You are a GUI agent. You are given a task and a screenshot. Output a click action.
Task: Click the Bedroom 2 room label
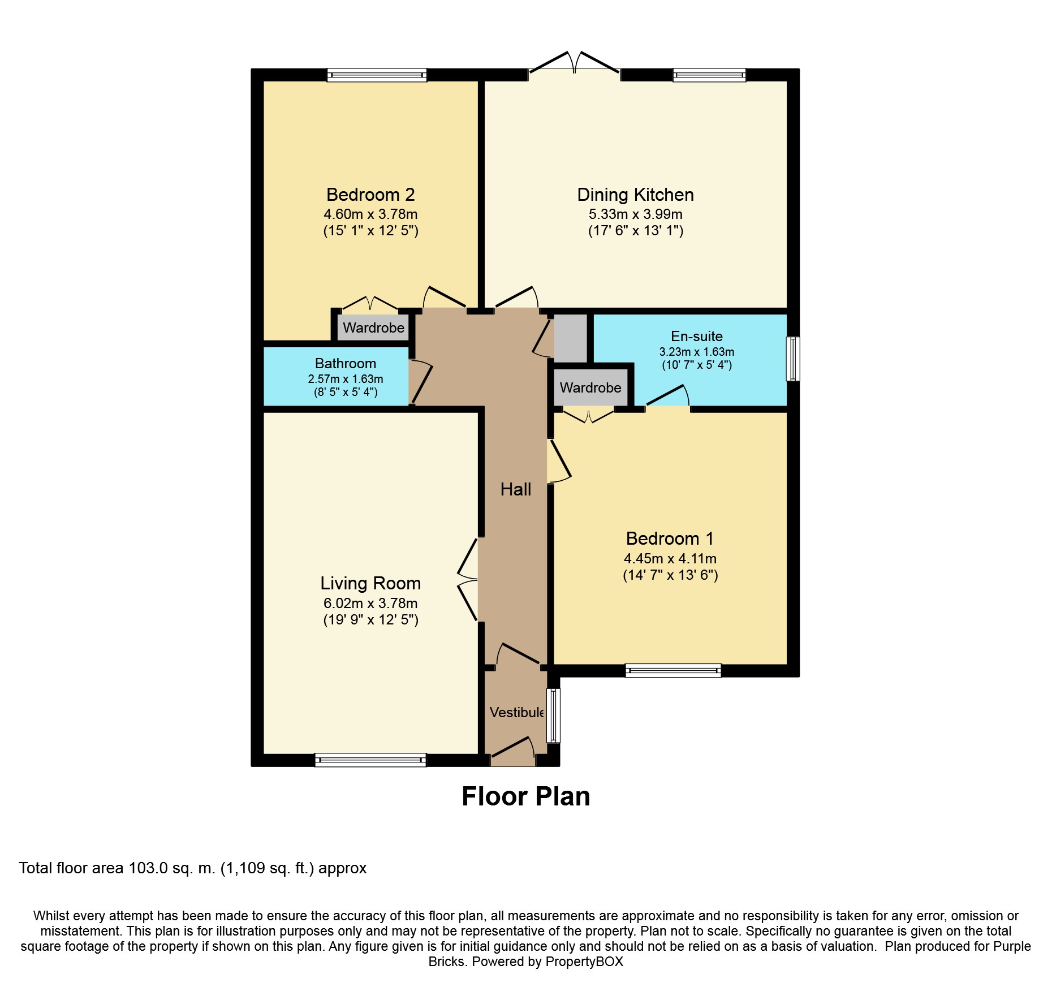point(370,195)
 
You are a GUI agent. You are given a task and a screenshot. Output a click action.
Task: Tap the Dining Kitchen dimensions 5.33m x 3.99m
point(635,214)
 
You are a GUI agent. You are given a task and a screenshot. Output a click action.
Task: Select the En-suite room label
point(696,336)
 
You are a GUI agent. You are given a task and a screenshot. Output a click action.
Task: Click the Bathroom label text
point(345,363)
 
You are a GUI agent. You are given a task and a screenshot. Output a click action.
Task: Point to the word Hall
point(515,489)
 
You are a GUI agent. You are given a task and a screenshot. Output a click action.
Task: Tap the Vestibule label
point(516,713)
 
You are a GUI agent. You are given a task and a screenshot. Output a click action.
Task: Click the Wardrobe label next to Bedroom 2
point(373,327)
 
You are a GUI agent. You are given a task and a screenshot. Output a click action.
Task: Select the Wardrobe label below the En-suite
point(590,387)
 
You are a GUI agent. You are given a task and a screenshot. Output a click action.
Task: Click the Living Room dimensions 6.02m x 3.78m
point(370,603)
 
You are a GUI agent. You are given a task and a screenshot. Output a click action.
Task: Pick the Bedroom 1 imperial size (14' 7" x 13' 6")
point(670,575)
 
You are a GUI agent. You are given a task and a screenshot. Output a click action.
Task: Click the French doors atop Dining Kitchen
point(574,64)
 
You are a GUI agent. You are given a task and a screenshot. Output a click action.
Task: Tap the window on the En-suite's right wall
point(793,359)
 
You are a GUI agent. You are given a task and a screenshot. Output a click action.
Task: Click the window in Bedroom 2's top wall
point(377,75)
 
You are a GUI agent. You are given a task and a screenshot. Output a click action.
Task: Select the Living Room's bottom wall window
point(370,760)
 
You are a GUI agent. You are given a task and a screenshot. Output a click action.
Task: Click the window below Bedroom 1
point(673,670)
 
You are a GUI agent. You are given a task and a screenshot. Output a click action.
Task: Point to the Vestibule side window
point(553,715)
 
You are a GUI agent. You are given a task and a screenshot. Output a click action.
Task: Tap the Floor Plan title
point(525,796)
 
